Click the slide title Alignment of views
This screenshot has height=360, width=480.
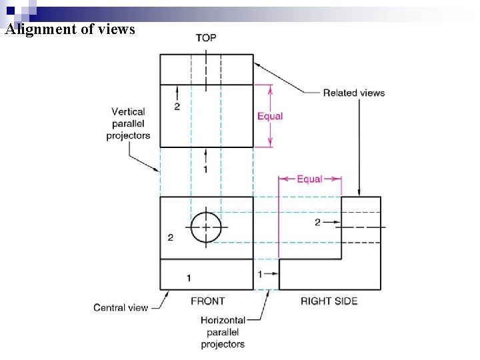click(69, 29)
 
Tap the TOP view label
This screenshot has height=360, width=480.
click(205, 37)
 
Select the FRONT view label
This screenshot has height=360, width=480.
click(207, 301)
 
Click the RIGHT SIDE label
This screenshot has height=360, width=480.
click(329, 301)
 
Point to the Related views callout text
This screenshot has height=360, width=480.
click(353, 93)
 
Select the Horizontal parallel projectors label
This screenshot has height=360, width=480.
click(223, 332)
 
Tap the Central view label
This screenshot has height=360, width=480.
click(121, 307)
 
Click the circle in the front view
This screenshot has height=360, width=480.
click(206, 227)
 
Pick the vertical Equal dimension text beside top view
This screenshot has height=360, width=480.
click(270, 116)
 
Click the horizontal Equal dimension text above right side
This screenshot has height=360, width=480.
click(309, 179)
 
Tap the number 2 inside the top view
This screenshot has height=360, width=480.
click(177, 107)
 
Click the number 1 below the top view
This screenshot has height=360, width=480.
click(205, 169)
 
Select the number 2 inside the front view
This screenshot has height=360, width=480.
click(171, 237)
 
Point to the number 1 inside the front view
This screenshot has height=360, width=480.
click(189, 277)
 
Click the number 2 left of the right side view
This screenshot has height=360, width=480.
click(317, 222)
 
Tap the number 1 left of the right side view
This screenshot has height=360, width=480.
click(260, 273)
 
